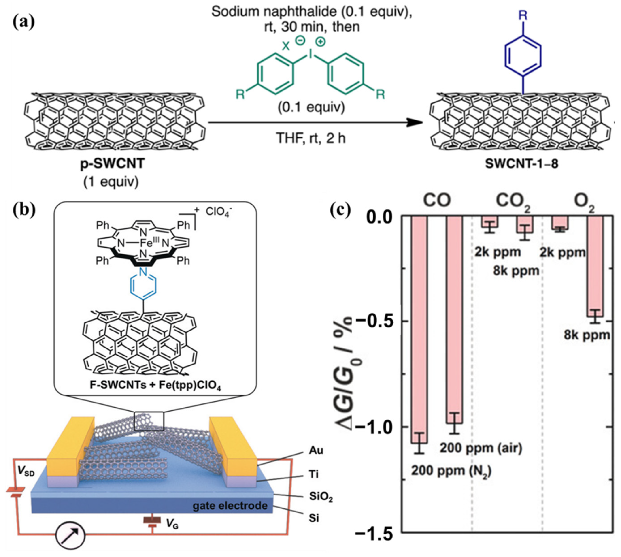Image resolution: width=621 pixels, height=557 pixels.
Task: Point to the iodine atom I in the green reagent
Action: tap(311, 54)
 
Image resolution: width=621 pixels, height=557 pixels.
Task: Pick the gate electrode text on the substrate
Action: tap(230, 505)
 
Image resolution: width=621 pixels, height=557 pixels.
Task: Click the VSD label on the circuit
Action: tap(26, 472)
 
